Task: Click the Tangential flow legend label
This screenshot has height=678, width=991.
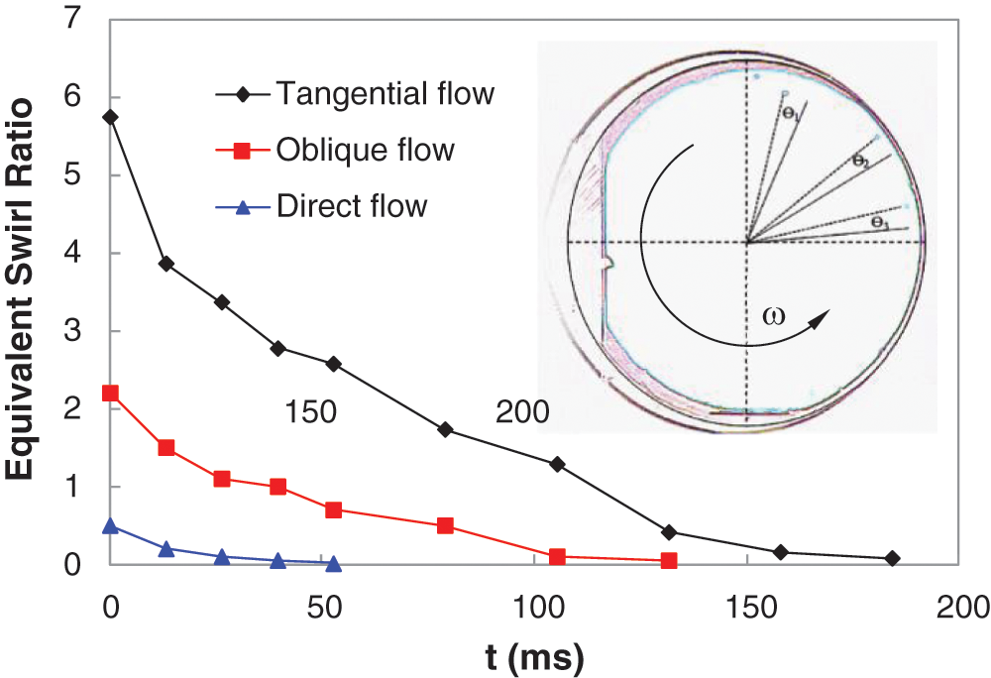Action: (x=385, y=94)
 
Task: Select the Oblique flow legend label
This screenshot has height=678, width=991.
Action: (x=365, y=151)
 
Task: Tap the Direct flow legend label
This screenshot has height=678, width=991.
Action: (x=352, y=206)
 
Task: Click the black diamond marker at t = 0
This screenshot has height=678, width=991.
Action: (x=110, y=117)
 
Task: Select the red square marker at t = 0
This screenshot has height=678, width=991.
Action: (x=110, y=394)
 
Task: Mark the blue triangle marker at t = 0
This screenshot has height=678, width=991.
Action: (x=110, y=525)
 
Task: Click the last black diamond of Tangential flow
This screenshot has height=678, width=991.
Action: (x=892, y=559)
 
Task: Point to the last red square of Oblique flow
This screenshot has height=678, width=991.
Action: (x=669, y=561)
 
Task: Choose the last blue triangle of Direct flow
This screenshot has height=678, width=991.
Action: (x=334, y=563)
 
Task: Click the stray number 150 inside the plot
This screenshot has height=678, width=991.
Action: (x=308, y=412)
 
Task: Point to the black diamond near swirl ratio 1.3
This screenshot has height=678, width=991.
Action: (x=557, y=464)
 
